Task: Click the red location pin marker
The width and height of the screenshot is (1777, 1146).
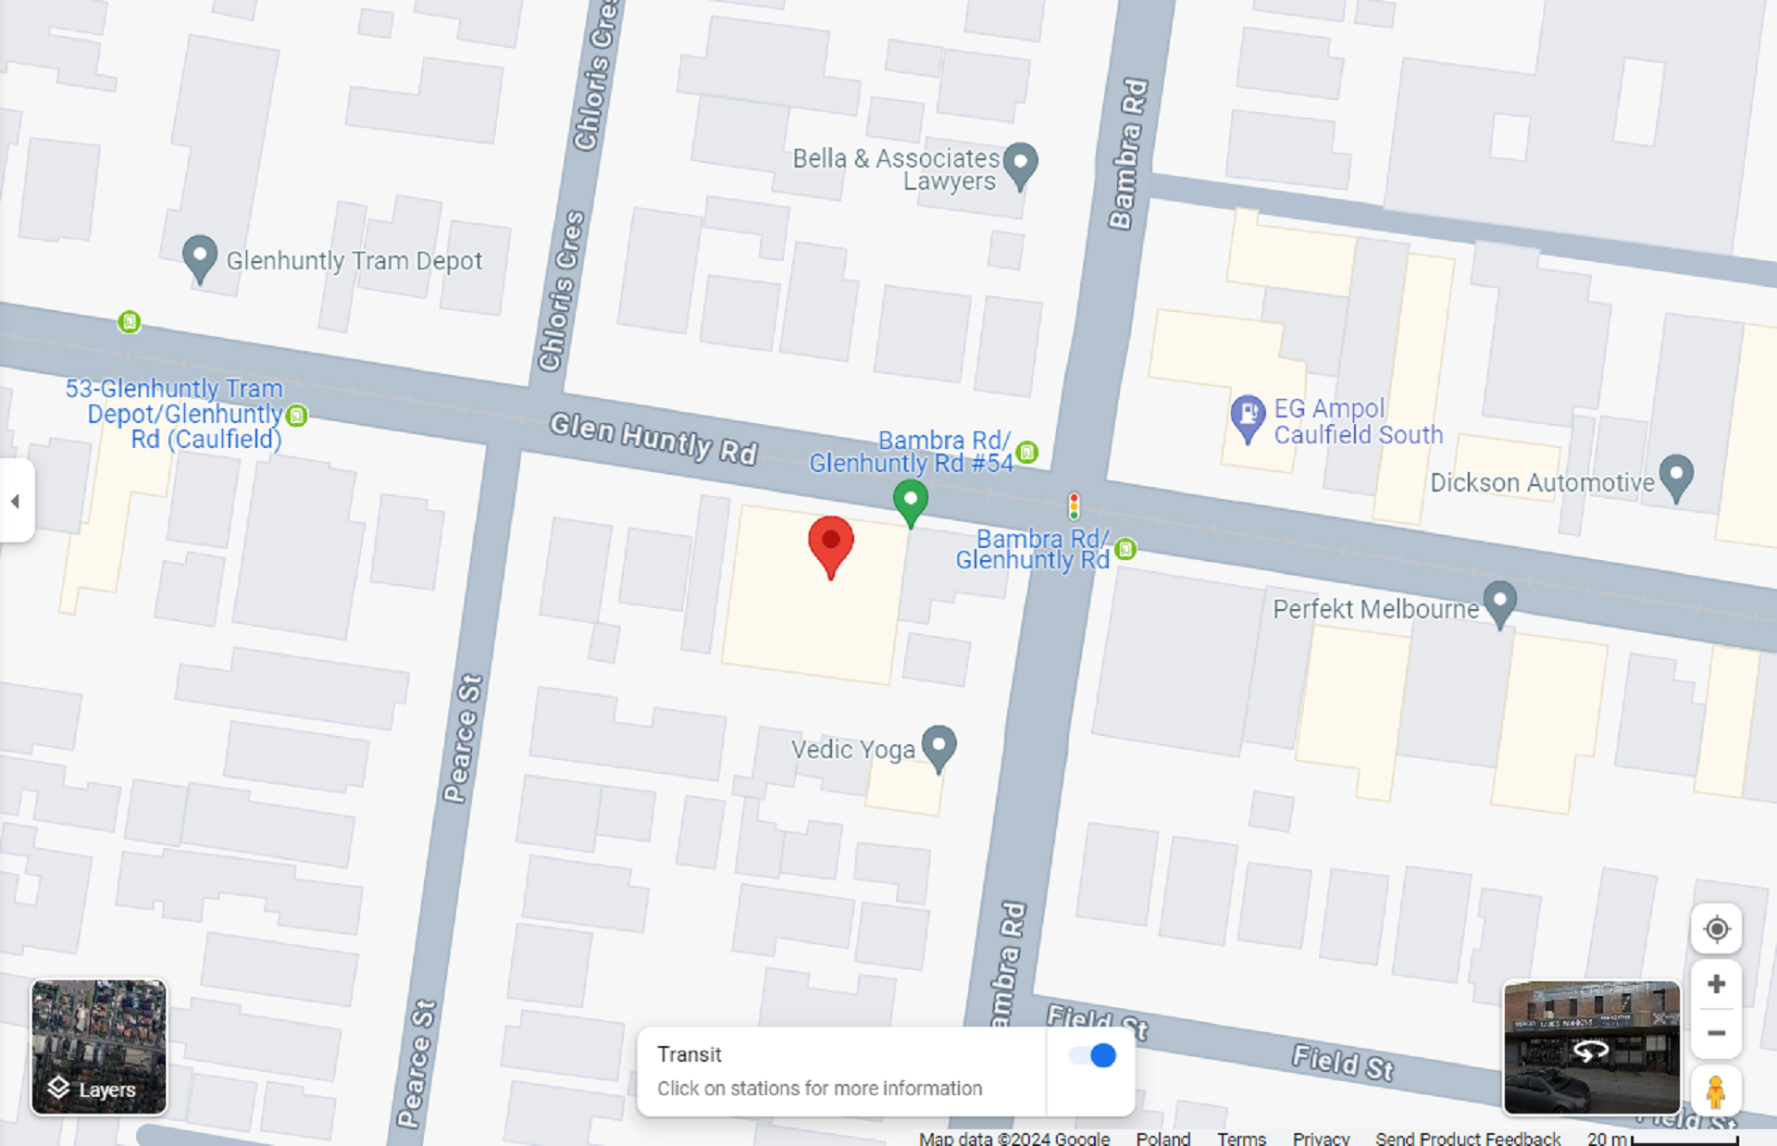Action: (830, 544)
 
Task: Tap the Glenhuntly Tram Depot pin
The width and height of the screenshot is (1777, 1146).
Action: (199, 256)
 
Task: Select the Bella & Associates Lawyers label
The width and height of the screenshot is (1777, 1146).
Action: (895, 169)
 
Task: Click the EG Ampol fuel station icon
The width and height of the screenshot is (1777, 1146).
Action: (1247, 415)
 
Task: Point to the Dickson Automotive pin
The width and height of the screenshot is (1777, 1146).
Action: (1676, 475)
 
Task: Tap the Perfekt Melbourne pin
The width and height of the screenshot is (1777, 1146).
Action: (1499, 602)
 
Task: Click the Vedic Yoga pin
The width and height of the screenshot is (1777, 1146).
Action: (938, 745)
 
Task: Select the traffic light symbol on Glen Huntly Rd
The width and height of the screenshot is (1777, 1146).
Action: (1074, 505)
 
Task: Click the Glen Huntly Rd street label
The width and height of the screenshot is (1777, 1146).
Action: (653, 438)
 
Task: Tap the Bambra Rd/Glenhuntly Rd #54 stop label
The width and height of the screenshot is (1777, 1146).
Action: (911, 452)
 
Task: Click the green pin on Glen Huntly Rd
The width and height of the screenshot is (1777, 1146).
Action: (911, 501)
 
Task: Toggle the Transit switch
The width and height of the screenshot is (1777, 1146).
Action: (1092, 1055)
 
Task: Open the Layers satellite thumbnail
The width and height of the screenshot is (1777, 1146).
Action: (99, 1046)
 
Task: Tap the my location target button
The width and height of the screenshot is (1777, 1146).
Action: (1716, 928)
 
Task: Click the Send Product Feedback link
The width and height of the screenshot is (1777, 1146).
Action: (1467, 1138)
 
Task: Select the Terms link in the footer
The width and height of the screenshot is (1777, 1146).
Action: (1240, 1138)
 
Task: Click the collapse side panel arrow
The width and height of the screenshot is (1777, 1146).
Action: (16, 501)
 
